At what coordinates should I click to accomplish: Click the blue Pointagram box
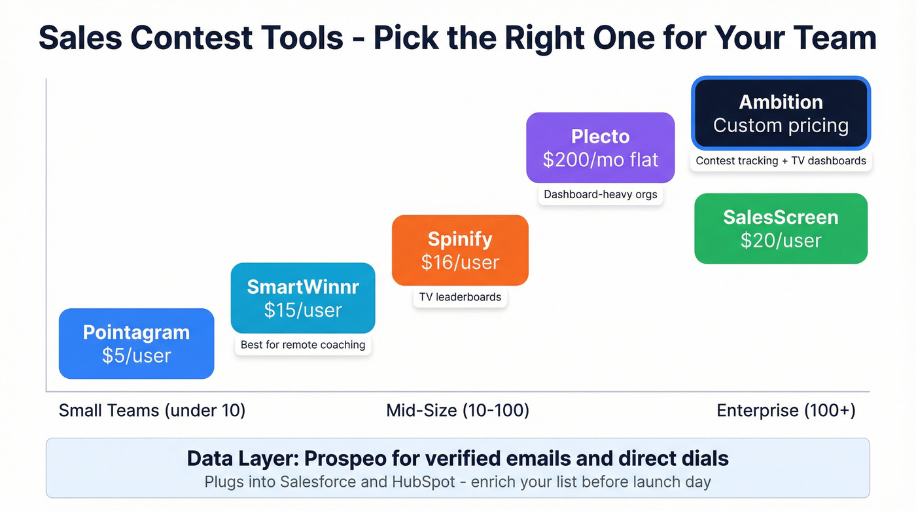coord(136,344)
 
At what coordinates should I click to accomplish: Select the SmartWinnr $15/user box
coord(303,298)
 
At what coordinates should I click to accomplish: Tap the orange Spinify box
coord(460,250)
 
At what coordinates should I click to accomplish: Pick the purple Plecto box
coord(600,147)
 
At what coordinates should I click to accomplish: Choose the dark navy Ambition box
coord(781,113)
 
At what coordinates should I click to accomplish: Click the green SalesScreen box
coord(781,228)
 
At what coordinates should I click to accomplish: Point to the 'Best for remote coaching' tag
coord(303,345)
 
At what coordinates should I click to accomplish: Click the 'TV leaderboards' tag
coord(460,297)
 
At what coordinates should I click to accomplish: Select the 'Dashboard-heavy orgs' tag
coord(600,194)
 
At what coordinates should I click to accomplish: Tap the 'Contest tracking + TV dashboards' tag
coord(781,161)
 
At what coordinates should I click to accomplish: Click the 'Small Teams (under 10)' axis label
coord(152,411)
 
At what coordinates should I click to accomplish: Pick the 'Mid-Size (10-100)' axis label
coord(457,411)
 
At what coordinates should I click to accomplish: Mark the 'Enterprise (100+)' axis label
coord(786,411)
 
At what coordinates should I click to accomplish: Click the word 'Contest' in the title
coord(237,38)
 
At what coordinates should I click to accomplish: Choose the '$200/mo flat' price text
coord(600,160)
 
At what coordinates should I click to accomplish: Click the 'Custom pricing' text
coord(781,126)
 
